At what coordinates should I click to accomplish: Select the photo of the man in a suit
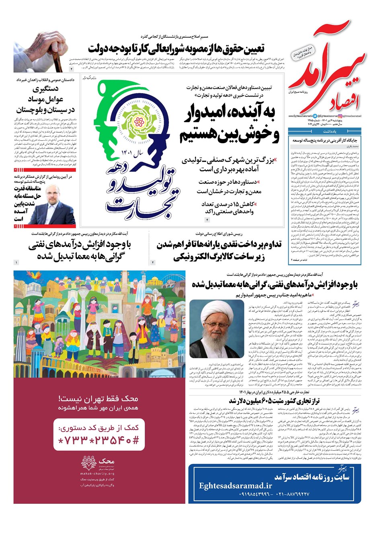coord(54,203)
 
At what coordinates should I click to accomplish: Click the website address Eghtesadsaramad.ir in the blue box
coord(236,486)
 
